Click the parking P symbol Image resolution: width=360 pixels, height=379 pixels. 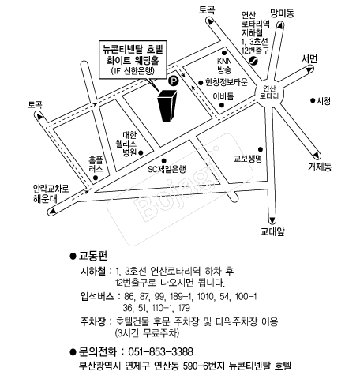[173, 81]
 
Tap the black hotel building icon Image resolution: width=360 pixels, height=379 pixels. [167, 106]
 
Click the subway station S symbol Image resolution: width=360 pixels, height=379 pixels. [253, 61]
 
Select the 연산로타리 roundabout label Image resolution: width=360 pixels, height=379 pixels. [269, 92]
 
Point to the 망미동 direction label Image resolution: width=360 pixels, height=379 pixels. [282, 13]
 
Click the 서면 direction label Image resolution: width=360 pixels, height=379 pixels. [309, 59]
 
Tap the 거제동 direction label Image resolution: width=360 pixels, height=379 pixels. [320, 167]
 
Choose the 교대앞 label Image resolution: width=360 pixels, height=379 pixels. [272, 231]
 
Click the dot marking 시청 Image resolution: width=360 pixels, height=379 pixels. [313, 100]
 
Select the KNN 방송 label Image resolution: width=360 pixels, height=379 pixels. [224, 66]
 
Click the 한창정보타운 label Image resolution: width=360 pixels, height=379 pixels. [227, 82]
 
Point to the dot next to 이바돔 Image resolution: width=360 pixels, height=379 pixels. [222, 105]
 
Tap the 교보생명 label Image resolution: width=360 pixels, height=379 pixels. [248, 159]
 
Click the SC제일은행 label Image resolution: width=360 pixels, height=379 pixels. [167, 169]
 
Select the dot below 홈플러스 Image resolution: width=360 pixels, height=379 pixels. [96, 178]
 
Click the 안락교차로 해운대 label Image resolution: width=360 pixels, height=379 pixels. [51, 193]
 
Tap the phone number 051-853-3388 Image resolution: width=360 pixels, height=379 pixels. [161, 351]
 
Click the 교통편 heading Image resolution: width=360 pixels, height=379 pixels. [92, 256]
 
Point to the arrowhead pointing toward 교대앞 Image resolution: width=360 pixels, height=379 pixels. [272, 220]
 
